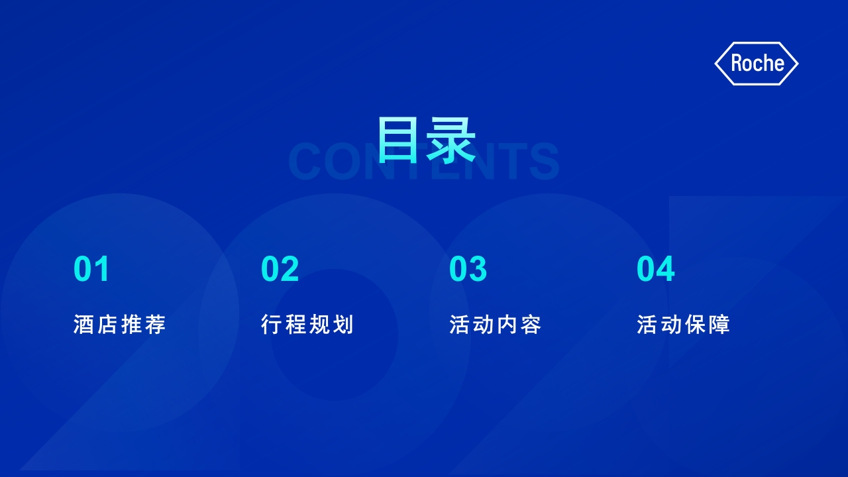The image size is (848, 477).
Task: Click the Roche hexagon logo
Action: coord(757,64)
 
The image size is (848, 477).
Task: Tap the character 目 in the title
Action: coord(398,139)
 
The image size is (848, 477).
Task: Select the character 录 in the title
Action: coord(451,140)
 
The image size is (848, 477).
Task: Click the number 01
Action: coord(91,268)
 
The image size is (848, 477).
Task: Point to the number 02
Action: coord(280,268)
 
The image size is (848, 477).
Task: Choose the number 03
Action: coord(468,268)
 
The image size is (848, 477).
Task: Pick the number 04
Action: coord(656,268)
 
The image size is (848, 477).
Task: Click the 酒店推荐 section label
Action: coord(120,325)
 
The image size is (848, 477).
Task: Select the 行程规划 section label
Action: coord(307,325)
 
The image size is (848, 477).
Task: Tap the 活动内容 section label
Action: coord(496,325)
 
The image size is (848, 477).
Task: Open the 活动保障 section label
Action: coord(683,325)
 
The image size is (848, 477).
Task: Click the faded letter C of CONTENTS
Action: coord(305,161)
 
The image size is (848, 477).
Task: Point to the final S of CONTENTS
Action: coord(544,161)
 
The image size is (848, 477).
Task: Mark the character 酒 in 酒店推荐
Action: coord(83,325)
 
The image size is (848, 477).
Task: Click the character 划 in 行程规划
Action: coord(343,325)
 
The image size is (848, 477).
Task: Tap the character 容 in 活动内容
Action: coord(531,325)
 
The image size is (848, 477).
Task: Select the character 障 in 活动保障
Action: coord(719,325)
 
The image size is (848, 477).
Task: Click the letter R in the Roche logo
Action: coord(737,63)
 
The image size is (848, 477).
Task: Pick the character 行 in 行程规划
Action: coord(272,325)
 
